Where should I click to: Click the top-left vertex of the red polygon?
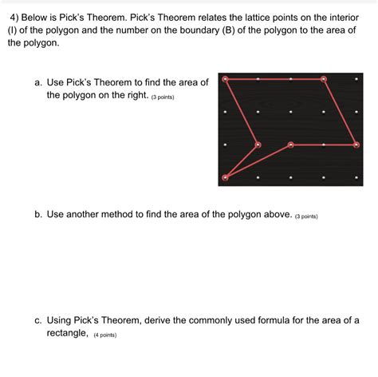225,78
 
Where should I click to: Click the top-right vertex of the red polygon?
324,78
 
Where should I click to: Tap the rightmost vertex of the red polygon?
356,145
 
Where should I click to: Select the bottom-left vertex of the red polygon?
225,177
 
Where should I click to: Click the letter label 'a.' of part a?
37,82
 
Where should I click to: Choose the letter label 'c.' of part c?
37,320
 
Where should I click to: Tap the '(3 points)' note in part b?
306,216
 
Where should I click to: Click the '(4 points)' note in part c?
105,335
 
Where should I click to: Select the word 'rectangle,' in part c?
68,333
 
